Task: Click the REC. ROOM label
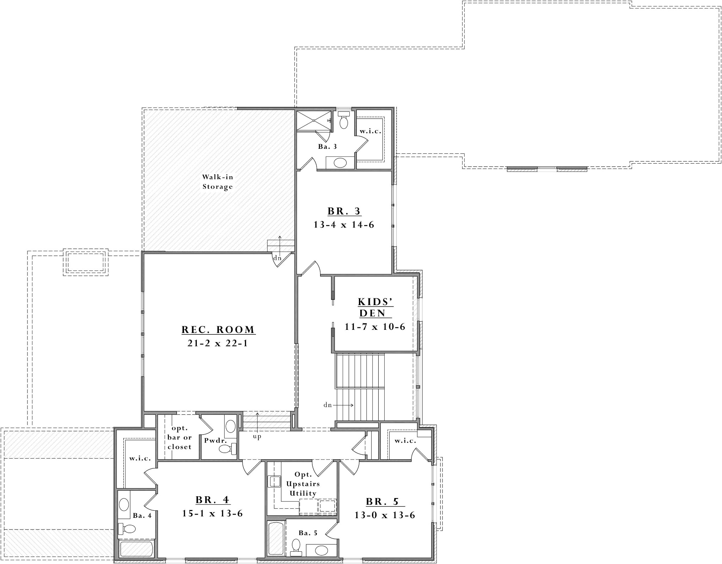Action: click(x=218, y=330)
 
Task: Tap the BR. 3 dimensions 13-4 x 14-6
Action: click(x=344, y=225)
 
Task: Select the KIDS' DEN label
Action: click(x=375, y=307)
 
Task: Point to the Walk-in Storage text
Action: click(x=218, y=182)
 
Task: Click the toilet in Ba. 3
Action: click(x=343, y=121)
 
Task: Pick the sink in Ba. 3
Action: click(x=340, y=163)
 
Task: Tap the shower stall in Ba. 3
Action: click(x=313, y=120)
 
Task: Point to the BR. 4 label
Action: click(x=213, y=500)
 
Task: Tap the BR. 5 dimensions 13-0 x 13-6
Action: click(x=385, y=515)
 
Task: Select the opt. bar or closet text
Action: click(x=179, y=437)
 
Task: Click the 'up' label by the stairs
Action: click(x=257, y=437)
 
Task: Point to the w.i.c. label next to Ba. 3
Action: click(x=370, y=131)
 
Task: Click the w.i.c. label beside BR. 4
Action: click(x=140, y=459)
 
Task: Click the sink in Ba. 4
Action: click(x=124, y=504)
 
